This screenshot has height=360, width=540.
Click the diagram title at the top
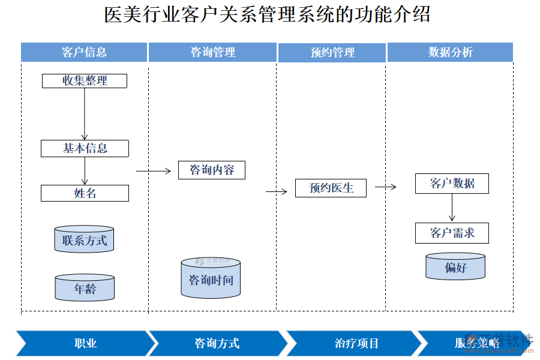[267, 14]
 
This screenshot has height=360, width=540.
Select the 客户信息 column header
[84, 52]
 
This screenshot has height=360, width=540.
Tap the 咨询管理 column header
[212, 52]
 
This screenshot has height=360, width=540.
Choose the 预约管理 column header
[332, 52]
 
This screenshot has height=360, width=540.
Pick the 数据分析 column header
[450, 52]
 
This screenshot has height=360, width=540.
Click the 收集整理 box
[85, 80]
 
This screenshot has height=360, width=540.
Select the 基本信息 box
[85, 148]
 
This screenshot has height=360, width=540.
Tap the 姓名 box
[85, 193]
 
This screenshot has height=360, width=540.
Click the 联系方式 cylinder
[84, 240]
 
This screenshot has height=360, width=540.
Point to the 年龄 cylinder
[84, 289]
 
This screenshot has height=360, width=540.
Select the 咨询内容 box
[212, 170]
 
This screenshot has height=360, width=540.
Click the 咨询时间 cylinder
[211, 279]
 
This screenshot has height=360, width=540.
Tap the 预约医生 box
[331, 188]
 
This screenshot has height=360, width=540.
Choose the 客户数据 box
[452, 184]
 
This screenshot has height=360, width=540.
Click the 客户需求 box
[452, 233]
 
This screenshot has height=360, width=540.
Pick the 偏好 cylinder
[455, 267]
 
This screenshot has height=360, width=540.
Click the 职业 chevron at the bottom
[85, 343]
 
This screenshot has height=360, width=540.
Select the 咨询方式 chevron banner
[217, 343]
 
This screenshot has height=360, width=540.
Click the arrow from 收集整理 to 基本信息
[85, 114]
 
